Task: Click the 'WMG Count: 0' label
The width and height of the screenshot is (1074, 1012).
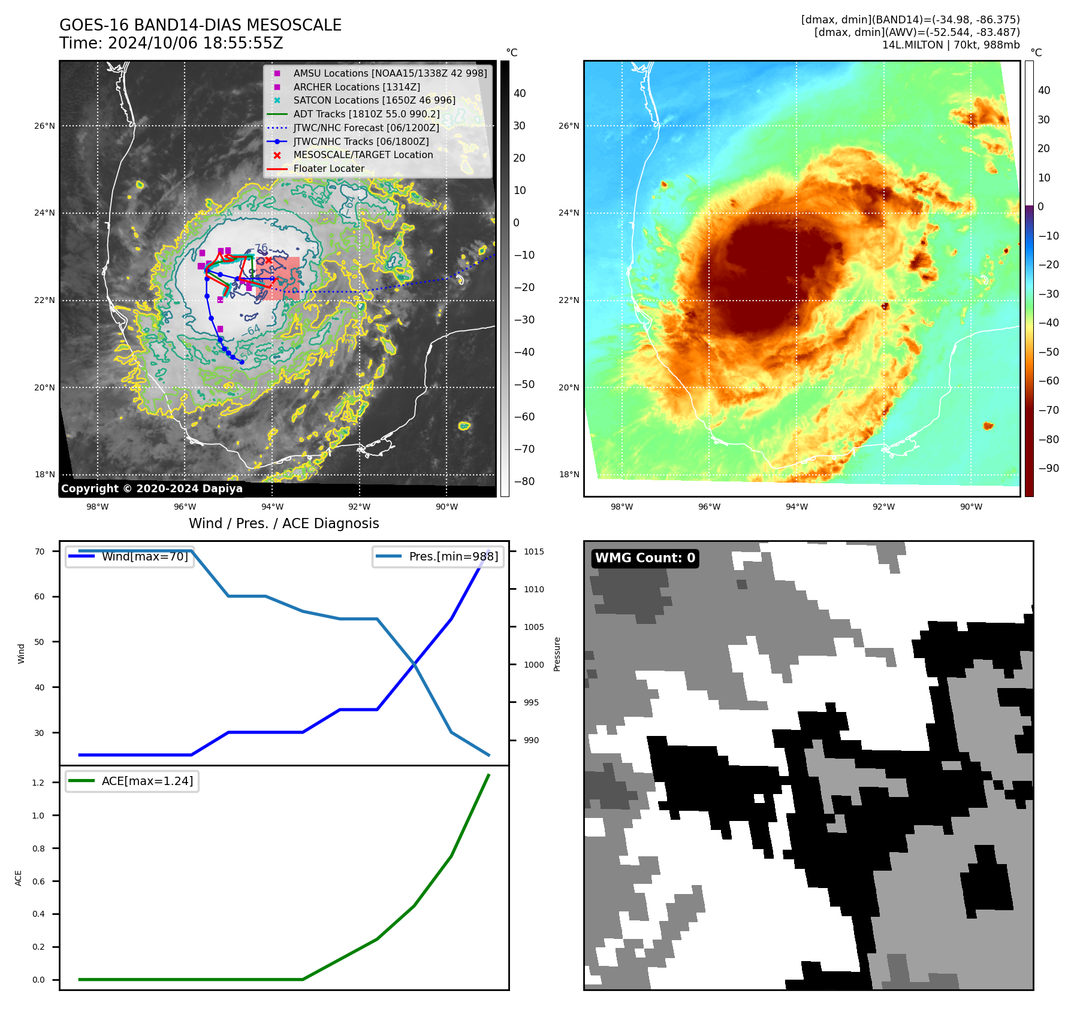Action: click(645, 558)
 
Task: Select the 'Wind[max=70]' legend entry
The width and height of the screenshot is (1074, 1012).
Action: click(144, 556)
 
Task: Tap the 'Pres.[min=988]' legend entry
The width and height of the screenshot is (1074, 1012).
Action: click(453, 556)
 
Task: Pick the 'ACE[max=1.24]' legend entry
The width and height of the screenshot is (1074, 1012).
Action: click(147, 781)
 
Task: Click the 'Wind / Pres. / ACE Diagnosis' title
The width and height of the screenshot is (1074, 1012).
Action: click(283, 523)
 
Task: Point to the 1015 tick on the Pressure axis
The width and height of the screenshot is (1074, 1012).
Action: click(533, 552)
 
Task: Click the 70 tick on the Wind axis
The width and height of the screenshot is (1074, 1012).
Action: click(40, 552)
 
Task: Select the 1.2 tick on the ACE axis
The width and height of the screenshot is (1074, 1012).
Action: click(38, 783)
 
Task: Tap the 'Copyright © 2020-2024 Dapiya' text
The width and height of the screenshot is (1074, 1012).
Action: click(152, 489)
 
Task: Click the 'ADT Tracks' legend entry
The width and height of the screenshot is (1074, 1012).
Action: click(366, 114)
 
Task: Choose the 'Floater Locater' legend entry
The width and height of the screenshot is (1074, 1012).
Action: click(328, 168)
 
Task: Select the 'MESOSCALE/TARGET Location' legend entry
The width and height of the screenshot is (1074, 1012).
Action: click(363, 154)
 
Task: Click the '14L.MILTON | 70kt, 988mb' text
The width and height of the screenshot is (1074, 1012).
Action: click(951, 45)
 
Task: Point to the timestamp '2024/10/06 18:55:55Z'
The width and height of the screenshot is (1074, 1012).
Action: click(195, 44)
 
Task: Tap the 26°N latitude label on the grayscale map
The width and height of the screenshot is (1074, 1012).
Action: click(44, 126)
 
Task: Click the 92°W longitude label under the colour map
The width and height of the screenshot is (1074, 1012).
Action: click(883, 507)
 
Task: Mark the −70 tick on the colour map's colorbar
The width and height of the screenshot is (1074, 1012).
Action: click(1048, 410)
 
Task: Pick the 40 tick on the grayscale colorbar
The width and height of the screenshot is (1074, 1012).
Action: click(520, 93)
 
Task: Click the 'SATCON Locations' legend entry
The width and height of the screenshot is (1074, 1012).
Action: click(374, 100)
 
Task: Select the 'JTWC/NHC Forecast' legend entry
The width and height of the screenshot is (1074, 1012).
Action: click(366, 128)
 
